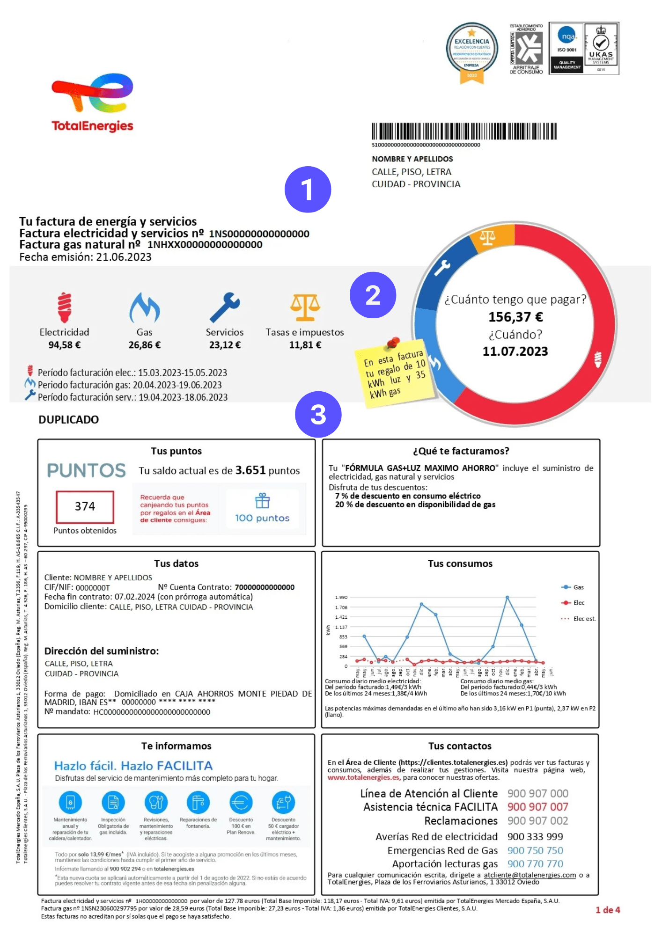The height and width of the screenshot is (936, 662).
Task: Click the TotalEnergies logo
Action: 93,102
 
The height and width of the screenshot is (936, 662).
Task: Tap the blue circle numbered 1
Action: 308,190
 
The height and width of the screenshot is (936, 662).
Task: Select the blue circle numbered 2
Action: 373,295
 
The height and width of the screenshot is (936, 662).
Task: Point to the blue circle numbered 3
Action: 318,415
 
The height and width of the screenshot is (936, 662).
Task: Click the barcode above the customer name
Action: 464,132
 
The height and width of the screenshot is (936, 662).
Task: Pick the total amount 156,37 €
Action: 515,317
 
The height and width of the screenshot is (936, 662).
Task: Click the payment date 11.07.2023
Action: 515,351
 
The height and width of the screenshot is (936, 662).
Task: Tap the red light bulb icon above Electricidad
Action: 64,307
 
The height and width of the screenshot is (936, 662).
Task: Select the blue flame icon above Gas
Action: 145,307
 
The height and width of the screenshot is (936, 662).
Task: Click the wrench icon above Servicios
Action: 225,307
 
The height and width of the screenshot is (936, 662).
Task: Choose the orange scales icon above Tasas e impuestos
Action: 305,307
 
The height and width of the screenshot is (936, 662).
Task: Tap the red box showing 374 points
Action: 85,506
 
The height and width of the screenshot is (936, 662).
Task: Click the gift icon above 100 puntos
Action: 262,501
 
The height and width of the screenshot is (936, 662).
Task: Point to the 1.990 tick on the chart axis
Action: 341,597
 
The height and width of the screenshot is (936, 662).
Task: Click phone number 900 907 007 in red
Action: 537,807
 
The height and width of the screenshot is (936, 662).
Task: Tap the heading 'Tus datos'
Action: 177,564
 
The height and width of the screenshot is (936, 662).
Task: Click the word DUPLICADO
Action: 69,420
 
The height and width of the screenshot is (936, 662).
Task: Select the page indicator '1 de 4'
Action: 608,910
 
